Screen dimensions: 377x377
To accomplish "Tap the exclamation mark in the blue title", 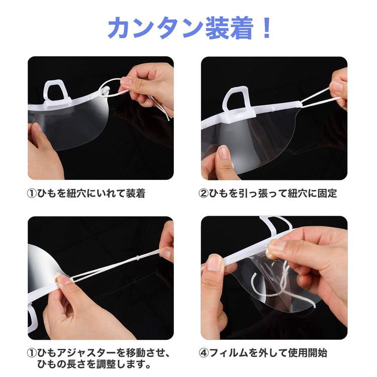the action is [x=266, y=28].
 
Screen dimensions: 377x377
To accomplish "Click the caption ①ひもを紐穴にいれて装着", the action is [x=86, y=194].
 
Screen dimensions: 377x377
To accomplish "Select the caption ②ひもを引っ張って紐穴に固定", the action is [x=267, y=194].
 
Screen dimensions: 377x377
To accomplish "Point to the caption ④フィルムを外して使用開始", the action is [x=263, y=353].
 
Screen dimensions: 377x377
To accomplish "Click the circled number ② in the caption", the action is [x=204, y=194].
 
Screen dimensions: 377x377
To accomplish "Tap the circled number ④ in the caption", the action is [x=204, y=353].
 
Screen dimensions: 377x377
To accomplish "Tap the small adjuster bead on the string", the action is [x=138, y=257].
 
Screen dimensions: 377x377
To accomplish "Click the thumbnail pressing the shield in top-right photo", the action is [x=223, y=152].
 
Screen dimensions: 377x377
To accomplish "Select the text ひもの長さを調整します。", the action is [x=94, y=364].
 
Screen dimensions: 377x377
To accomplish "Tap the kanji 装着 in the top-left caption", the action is [x=136, y=194].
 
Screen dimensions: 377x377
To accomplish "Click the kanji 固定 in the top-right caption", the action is [x=327, y=194].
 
